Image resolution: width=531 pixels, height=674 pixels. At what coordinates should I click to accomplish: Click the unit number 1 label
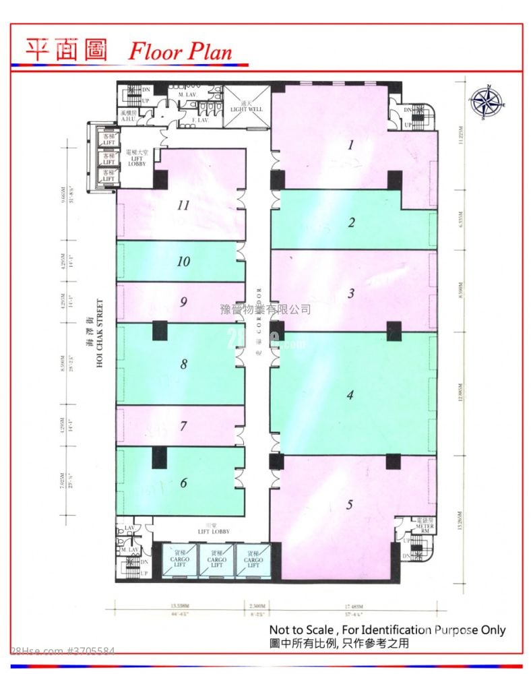click(x=350, y=144)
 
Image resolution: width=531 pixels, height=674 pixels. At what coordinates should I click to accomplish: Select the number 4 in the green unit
click(x=350, y=395)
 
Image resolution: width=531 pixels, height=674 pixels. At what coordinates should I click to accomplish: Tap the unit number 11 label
click(x=183, y=206)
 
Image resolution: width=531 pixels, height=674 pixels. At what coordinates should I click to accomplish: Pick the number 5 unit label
click(x=350, y=505)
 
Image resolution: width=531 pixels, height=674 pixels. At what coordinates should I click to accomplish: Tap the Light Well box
click(x=246, y=108)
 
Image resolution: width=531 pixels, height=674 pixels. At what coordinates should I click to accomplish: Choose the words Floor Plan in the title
click(x=181, y=51)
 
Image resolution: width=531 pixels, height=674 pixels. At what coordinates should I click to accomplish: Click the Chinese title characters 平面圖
click(x=66, y=49)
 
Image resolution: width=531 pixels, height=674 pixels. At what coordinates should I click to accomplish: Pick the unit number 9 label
click(x=183, y=302)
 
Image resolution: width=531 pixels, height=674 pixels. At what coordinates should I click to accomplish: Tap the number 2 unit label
click(x=351, y=222)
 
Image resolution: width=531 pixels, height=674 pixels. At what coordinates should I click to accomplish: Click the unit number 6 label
click(x=183, y=483)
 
